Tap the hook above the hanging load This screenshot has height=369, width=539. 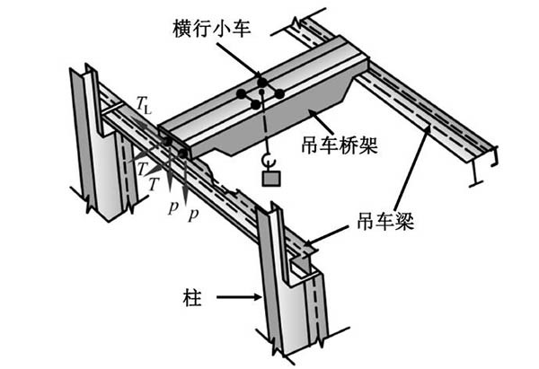click(267, 161)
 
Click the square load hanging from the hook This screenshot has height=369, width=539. click(269, 179)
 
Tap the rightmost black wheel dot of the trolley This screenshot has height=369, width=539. click(279, 93)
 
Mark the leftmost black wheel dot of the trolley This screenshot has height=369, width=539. click(241, 93)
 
